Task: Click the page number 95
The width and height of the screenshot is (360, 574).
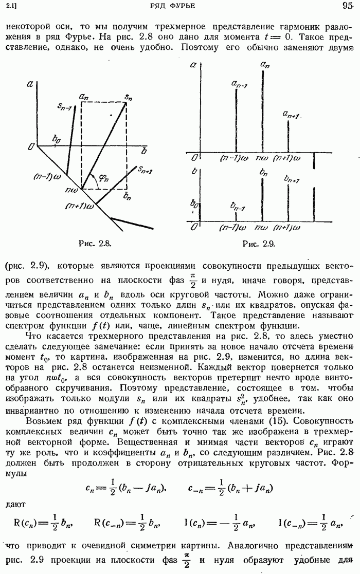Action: [x=346, y=6]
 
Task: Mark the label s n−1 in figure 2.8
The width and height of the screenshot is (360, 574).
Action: [x=65, y=107]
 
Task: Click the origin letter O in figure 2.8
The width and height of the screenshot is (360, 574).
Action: [x=31, y=147]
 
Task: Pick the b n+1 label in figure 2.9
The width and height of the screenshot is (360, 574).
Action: [x=292, y=179]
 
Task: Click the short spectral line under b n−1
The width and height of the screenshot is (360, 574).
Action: [x=236, y=216]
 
